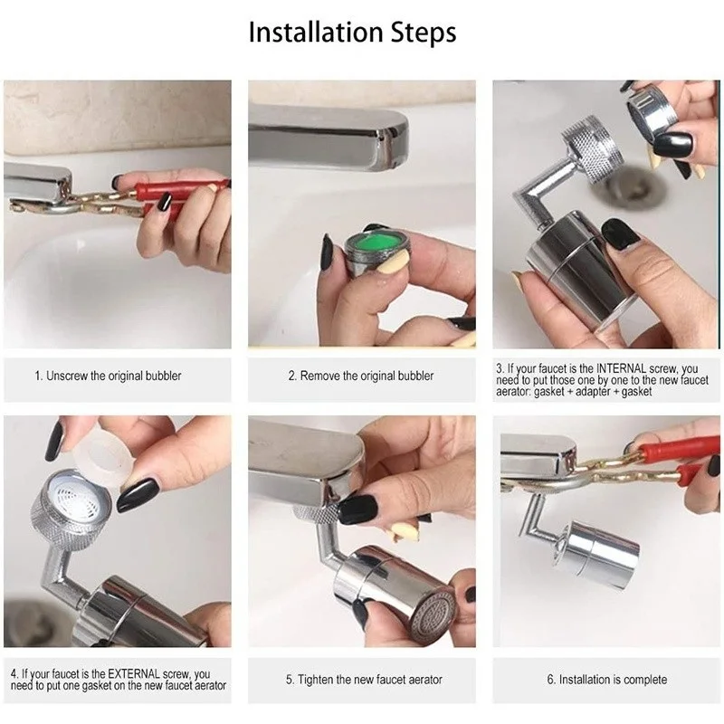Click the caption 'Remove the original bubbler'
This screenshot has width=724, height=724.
[361, 376]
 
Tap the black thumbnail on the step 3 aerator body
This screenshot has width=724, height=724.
[620, 234]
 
